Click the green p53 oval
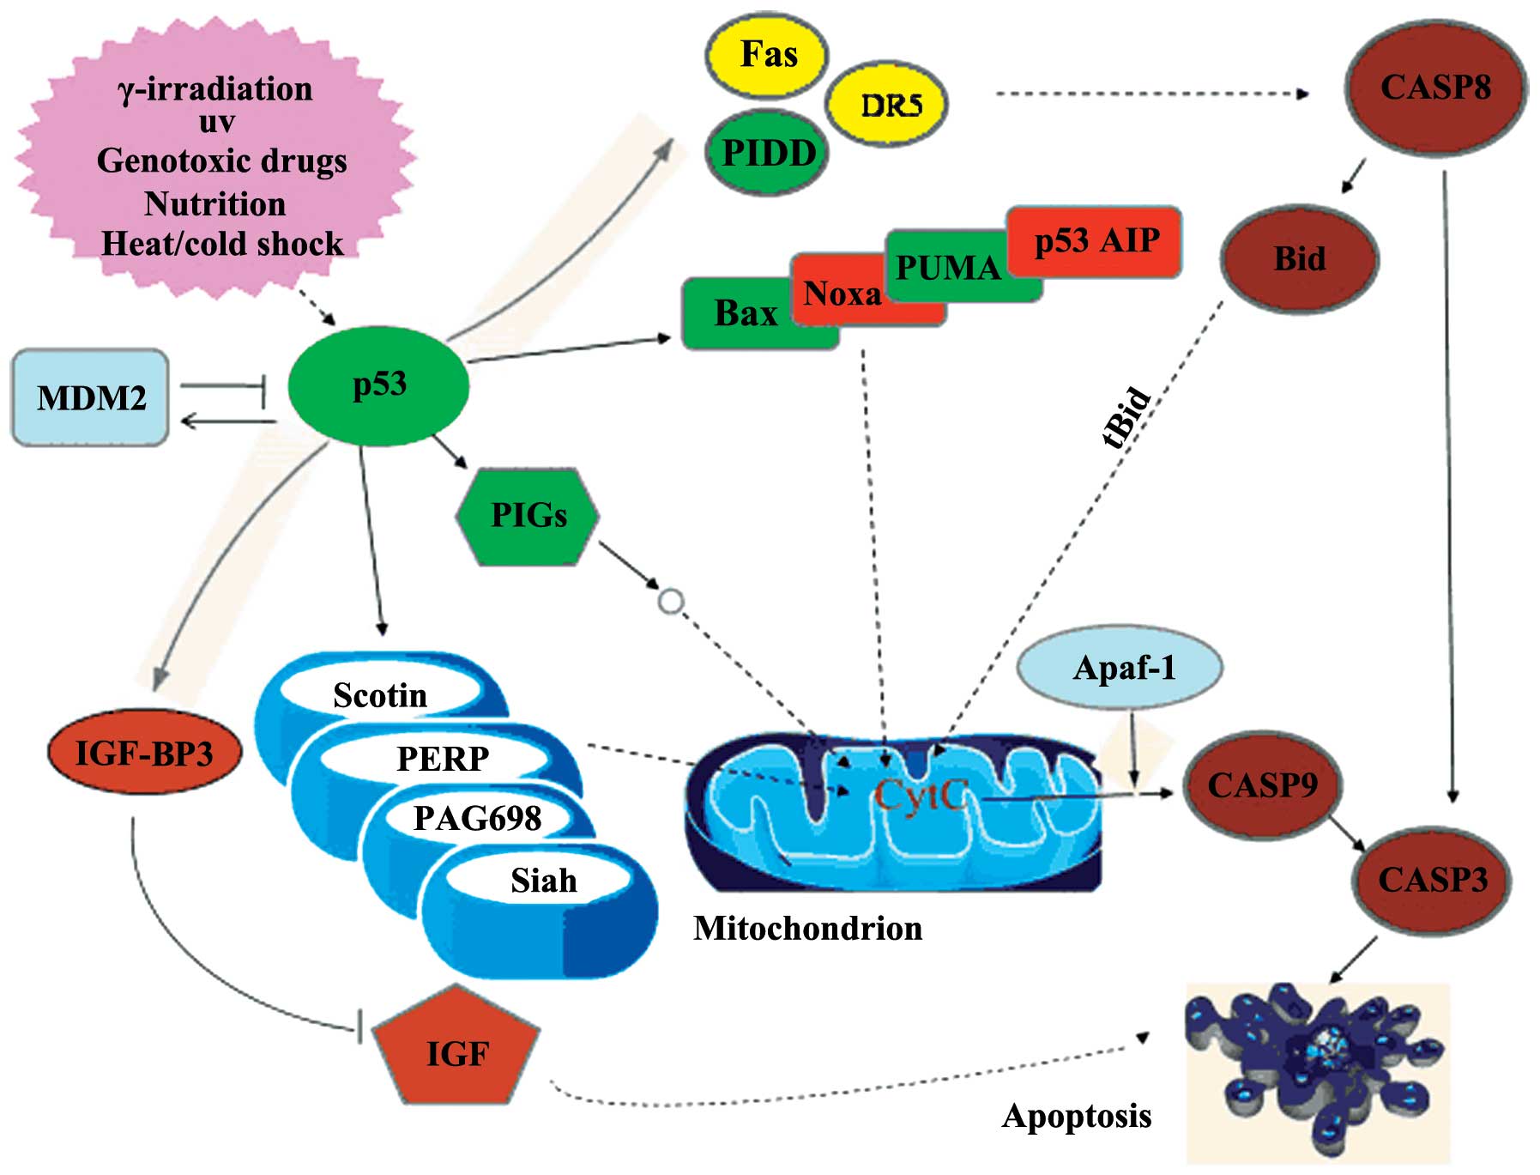(378, 385)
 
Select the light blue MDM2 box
(90, 397)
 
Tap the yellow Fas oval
(768, 54)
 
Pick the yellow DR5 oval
(888, 105)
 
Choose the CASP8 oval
(1435, 87)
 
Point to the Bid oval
(1299, 258)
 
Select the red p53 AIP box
(1096, 240)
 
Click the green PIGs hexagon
(528, 516)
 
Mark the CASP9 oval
(1262, 785)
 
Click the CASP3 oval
(1432, 880)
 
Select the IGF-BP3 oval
(144, 753)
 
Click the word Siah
(543, 881)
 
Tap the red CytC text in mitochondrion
(921, 796)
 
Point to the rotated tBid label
(1126, 418)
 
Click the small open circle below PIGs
(671, 602)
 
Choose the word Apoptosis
(1077, 1116)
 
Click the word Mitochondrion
(807, 928)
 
